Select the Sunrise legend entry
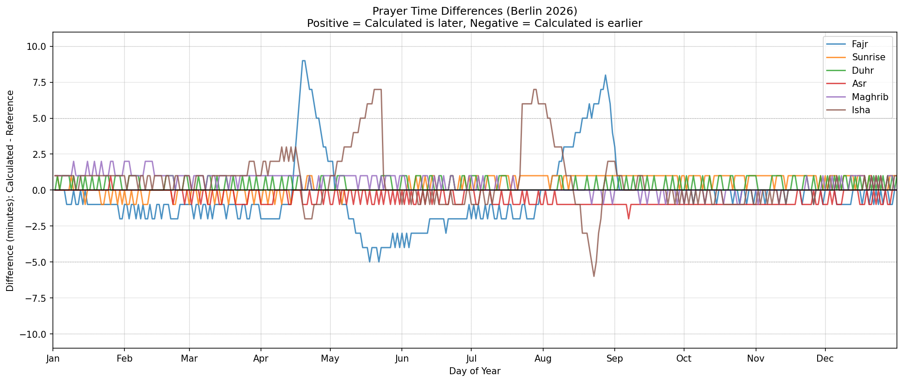pyautogui.click(x=868, y=57)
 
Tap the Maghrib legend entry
pyautogui.click(x=869, y=97)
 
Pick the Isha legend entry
pyautogui.click(x=861, y=110)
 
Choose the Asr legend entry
pyautogui.click(x=858, y=84)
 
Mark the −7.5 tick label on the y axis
pyautogui.click(x=35, y=298)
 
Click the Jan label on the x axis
pyautogui.click(x=53, y=359)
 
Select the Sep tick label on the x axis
pyautogui.click(x=614, y=359)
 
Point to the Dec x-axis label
pyautogui.click(x=825, y=359)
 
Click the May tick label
pyautogui.click(x=330, y=359)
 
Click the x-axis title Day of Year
pyautogui.click(x=475, y=371)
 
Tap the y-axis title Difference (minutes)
pyautogui.click(x=10, y=191)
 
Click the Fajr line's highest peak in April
pyautogui.click(x=303, y=61)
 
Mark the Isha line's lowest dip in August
pyautogui.click(x=594, y=276)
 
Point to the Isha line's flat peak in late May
pyautogui.click(x=377, y=89)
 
